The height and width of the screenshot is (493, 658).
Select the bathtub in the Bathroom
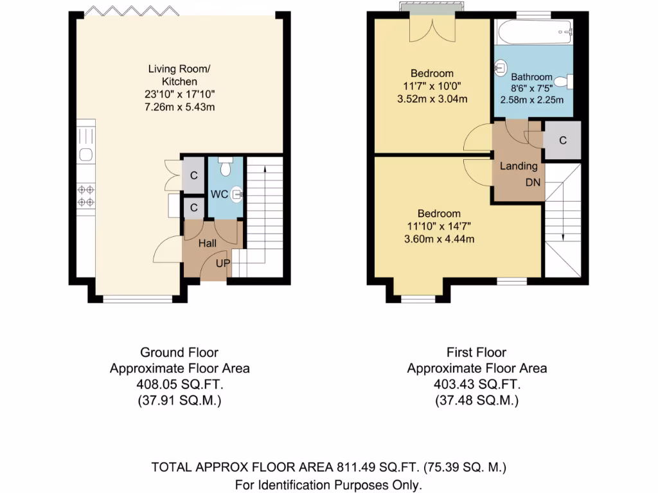[x=533, y=28]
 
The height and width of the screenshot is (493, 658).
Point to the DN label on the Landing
[x=533, y=182]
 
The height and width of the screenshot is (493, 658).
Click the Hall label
[x=207, y=243]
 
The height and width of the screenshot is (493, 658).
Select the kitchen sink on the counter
[x=85, y=153]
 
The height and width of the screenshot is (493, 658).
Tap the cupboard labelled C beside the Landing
[x=563, y=141]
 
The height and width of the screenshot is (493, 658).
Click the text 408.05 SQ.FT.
[x=179, y=385]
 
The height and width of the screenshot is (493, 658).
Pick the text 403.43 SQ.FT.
[x=476, y=385]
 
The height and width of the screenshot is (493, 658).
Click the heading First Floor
[x=476, y=352]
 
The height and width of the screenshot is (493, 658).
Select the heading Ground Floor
[x=179, y=352]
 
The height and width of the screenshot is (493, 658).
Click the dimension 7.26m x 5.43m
[x=179, y=107]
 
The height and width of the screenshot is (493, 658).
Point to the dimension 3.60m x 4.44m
[x=439, y=239]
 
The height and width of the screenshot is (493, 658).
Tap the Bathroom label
[x=532, y=76]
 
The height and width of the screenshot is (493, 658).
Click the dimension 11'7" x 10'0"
[x=432, y=86]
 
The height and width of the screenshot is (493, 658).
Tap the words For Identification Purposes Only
[x=328, y=485]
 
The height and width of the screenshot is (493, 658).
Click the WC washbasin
[x=237, y=192]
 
